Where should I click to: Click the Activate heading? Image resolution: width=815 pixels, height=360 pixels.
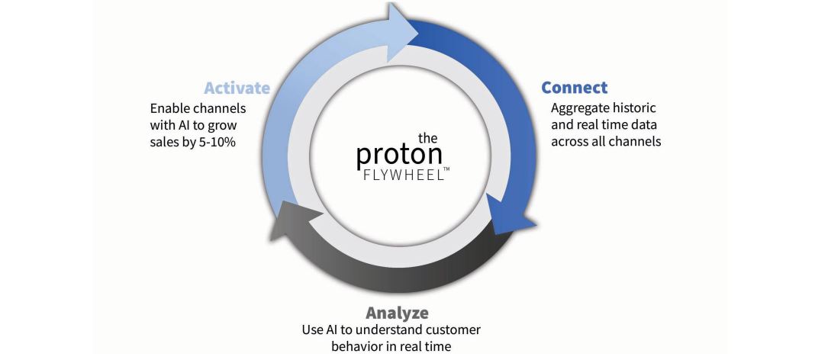pos(237,88)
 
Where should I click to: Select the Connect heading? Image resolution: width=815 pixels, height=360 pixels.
pos(575,87)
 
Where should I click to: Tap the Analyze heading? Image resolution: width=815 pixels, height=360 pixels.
pos(397,313)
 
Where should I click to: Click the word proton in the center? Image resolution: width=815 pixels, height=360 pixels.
pos(400,155)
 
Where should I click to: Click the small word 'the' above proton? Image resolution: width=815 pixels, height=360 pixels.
pos(429,137)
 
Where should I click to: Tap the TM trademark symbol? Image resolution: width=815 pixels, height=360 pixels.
pos(446,169)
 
